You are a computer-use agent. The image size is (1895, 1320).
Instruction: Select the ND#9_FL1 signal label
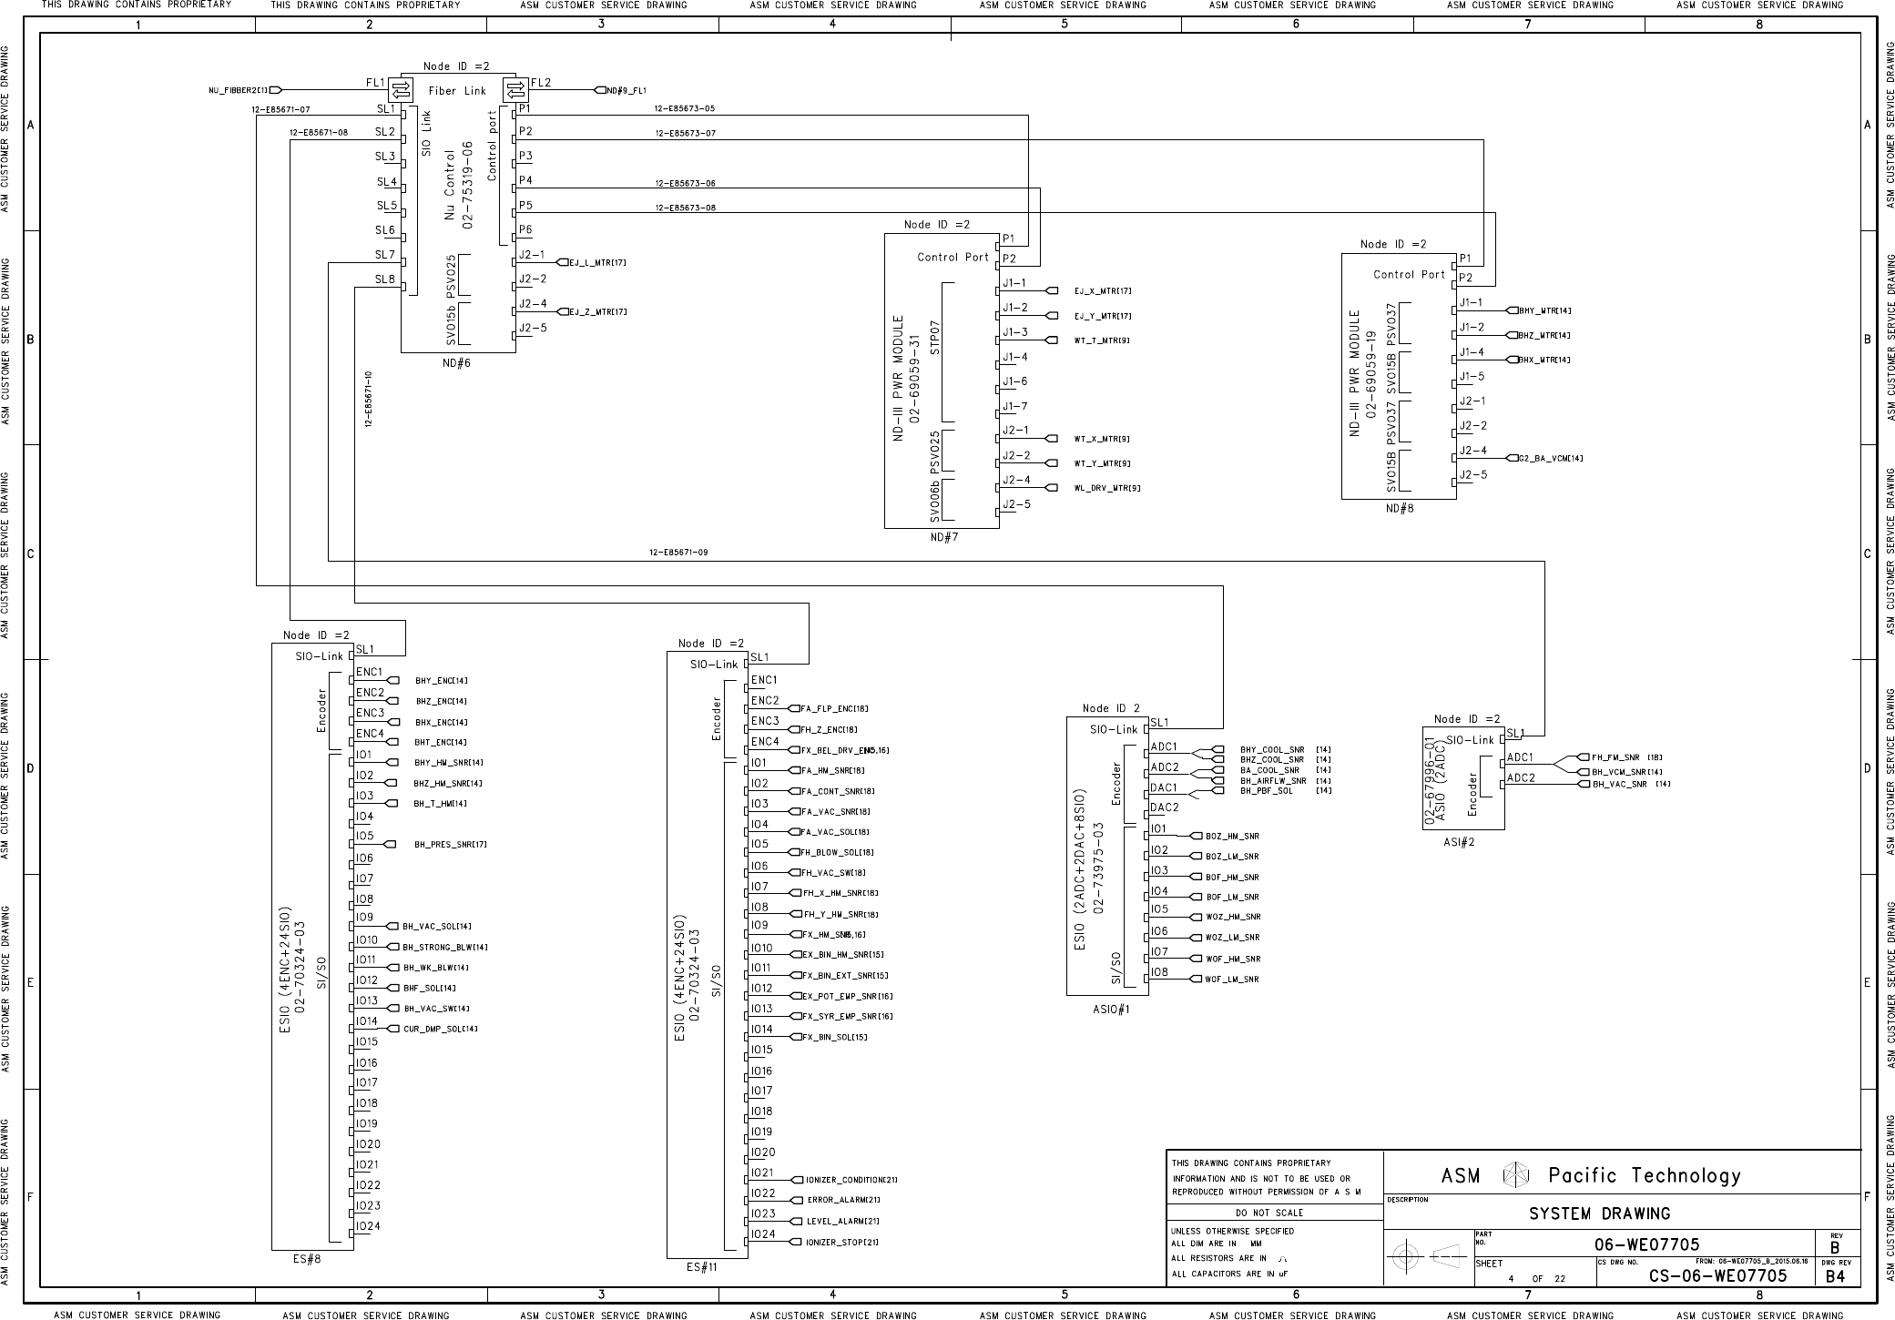click(627, 90)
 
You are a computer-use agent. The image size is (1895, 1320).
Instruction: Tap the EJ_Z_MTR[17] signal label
click(597, 312)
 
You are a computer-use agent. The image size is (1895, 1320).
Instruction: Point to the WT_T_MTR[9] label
click(1102, 340)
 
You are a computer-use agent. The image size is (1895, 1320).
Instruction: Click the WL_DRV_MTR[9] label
click(1107, 488)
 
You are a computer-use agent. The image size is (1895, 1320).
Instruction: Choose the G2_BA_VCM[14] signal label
click(1551, 458)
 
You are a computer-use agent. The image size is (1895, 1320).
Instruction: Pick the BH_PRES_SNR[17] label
click(451, 845)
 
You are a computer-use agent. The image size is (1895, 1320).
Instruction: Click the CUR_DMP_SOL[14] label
click(441, 1030)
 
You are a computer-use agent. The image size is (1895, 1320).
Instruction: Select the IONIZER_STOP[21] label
click(842, 1243)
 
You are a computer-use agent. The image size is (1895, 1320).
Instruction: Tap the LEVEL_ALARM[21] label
click(843, 1222)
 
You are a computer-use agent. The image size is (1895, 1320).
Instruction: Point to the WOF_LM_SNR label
click(1232, 980)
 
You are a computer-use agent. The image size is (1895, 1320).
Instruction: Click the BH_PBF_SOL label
click(1267, 791)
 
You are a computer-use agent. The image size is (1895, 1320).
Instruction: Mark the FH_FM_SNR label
click(1615, 757)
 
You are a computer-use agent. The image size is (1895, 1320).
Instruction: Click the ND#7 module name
click(944, 538)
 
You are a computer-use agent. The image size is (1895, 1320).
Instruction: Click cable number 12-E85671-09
click(678, 553)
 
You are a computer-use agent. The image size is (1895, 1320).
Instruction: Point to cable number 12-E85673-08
click(685, 208)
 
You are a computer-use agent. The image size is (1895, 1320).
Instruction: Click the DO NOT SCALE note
click(1269, 1213)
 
